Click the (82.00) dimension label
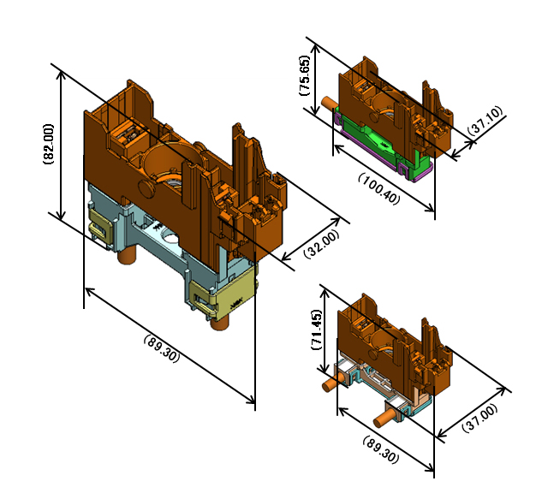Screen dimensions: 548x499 tap(49, 144)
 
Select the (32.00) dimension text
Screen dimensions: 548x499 tap(321, 243)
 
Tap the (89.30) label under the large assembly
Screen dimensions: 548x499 tap(162, 348)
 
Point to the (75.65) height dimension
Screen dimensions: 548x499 tap(305, 75)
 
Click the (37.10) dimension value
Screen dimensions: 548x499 tap(485, 120)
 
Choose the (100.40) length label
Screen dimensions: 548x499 tap(378, 188)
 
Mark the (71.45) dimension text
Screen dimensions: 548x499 tap(316, 330)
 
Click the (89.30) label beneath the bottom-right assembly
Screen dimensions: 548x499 tap(381, 449)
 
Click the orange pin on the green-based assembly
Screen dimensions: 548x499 tap(328, 104)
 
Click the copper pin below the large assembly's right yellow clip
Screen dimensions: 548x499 tap(219, 322)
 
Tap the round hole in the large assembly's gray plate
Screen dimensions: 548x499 tap(170, 238)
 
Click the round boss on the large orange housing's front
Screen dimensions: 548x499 tap(146, 185)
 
